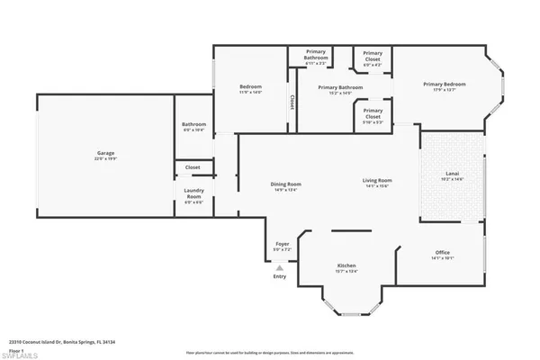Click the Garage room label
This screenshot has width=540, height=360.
[x=106, y=154]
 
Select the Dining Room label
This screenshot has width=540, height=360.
[x=285, y=184]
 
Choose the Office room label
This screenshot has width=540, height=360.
[x=441, y=253]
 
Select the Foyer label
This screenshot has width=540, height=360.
[x=282, y=244]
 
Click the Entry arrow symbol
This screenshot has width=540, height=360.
[x=280, y=267]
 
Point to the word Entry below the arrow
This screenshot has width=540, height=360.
[x=280, y=277]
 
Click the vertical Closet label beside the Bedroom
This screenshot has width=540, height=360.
[x=292, y=103]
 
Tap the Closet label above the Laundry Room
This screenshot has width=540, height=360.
[x=193, y=167]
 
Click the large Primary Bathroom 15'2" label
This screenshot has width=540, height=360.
[x=341, y=87]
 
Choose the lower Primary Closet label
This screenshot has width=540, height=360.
[x=373, y=113]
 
